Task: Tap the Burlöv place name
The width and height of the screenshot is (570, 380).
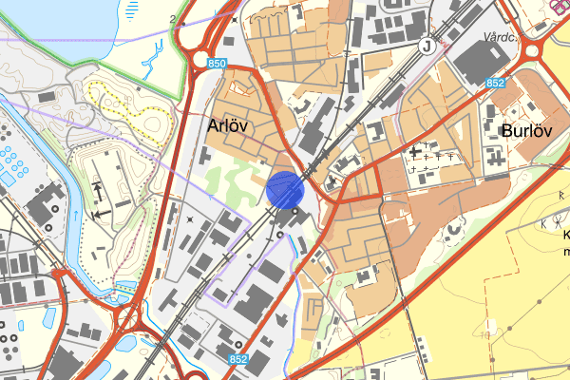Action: (x=527, y=130)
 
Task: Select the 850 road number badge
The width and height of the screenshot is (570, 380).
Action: (x=218, y=63)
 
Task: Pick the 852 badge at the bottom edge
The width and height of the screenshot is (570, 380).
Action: (x=239, y=359)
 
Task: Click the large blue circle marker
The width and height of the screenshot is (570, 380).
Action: (x=284, y=188)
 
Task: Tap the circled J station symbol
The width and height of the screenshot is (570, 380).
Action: (x=427, y=45)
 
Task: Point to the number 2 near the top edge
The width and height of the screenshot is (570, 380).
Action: (x=173, y=19)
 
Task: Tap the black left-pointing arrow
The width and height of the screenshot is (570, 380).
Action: (x=100, y=215)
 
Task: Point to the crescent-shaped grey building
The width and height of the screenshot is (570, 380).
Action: (x=454, y=229)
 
